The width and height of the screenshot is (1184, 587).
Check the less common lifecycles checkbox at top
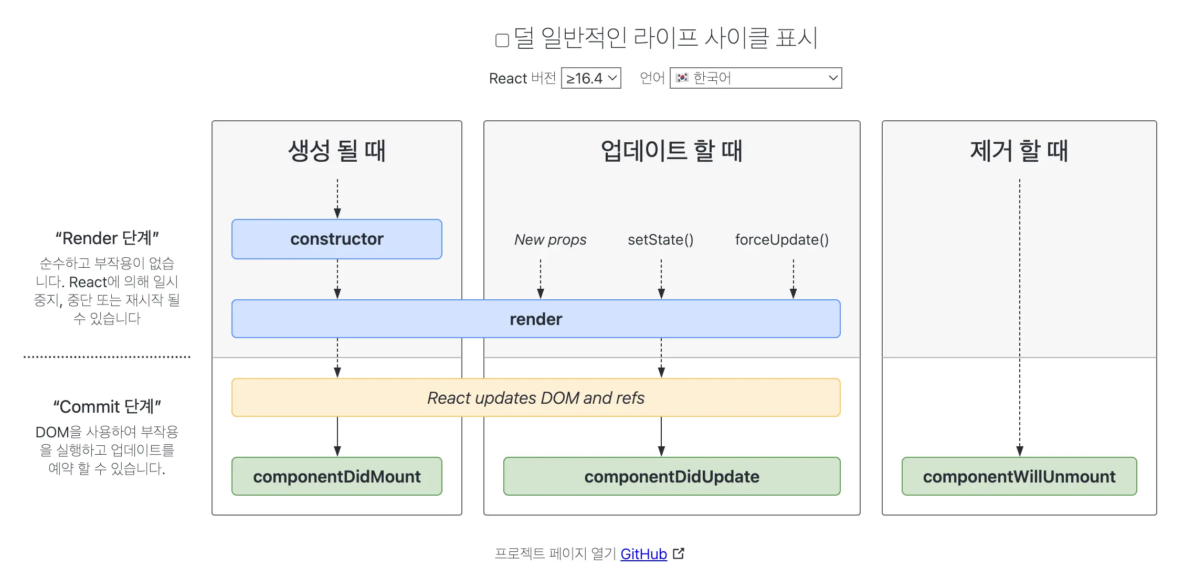coord(502,40)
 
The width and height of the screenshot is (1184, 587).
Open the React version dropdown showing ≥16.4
coord(591,78)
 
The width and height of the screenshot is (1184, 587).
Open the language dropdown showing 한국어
coord(755,78)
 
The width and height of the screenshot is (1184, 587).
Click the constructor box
coord(337,239)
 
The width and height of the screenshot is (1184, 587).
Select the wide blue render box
coord(536,319)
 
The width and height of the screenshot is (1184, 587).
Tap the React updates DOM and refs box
coord(536,398)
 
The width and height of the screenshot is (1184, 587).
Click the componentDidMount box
coord(337,477)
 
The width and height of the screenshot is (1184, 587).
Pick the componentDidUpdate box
coord(672,477)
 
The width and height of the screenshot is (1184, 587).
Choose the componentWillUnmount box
coord(1019,477)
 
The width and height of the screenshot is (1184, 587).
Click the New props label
coord(550,240)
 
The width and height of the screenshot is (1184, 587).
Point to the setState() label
coord(661,240)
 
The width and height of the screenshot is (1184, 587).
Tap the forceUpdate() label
coord(781,240)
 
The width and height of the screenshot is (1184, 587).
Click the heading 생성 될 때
coord(337,151)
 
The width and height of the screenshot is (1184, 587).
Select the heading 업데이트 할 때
coord(672,151)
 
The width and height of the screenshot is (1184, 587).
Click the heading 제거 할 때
coord(1019,151)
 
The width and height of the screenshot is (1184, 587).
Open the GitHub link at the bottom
coord(643,554)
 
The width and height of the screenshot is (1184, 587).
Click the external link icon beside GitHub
coord(679,553)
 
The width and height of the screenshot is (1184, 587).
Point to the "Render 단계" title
coord(107,238)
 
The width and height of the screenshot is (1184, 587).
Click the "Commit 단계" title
coord(107,407)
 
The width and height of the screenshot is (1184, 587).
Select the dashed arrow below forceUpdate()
coord(794,278)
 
